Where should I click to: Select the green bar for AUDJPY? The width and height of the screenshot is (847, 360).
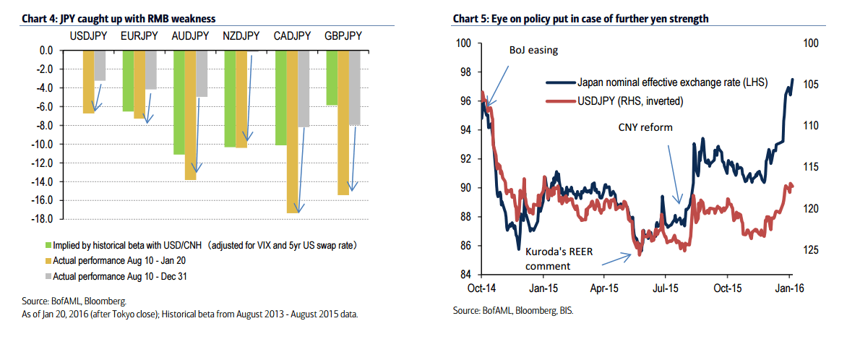179,102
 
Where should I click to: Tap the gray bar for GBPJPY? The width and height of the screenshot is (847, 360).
355,87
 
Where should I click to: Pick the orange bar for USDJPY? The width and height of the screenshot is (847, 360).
88,82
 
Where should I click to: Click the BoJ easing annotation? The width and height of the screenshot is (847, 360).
533,50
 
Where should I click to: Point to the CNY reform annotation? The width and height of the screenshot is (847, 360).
645,127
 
